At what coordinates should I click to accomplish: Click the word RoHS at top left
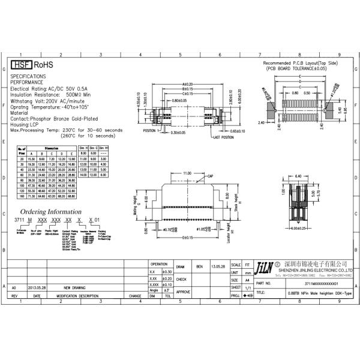43,64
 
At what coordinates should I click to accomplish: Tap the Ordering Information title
51,212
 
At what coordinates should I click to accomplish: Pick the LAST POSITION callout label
223,137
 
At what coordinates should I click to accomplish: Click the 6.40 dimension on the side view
298,176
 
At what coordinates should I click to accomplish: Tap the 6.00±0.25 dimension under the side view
298,228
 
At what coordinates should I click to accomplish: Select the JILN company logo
264,266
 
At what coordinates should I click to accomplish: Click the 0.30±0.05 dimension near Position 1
178,132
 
